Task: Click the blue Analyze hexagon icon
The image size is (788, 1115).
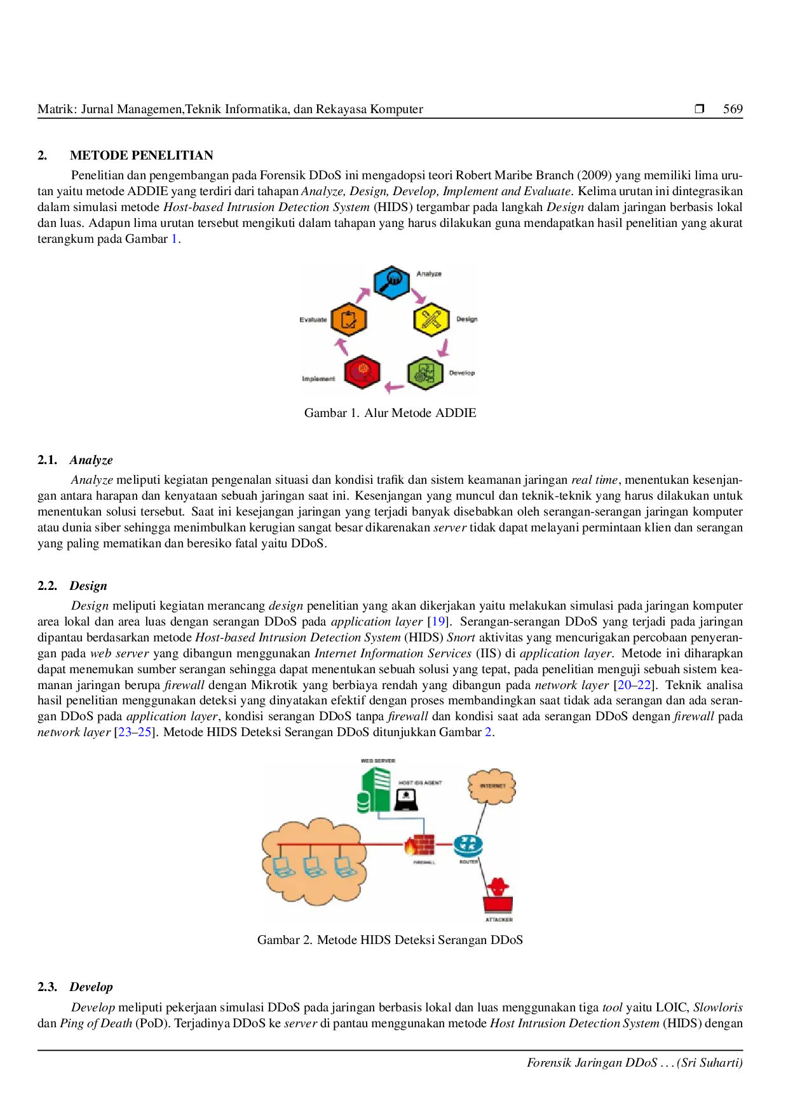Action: (391, 282)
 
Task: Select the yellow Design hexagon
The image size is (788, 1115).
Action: (431, 319)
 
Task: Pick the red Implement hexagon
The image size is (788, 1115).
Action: (362, 373)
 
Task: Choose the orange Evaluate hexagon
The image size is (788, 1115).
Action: (349, 319)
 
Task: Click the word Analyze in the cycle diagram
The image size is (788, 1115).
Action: (429, 274)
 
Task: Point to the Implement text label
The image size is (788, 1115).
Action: (318, 379)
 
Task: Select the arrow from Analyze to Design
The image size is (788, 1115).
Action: (418, 296)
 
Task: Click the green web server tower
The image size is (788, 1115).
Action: (374, 790)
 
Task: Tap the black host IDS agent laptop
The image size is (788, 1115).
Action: (406, 799)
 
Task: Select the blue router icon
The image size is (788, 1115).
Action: (468, 845)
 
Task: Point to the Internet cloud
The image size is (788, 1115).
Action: (492, 786)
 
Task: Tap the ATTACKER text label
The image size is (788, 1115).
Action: (499, 920)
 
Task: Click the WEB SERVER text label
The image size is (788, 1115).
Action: (378, 761)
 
